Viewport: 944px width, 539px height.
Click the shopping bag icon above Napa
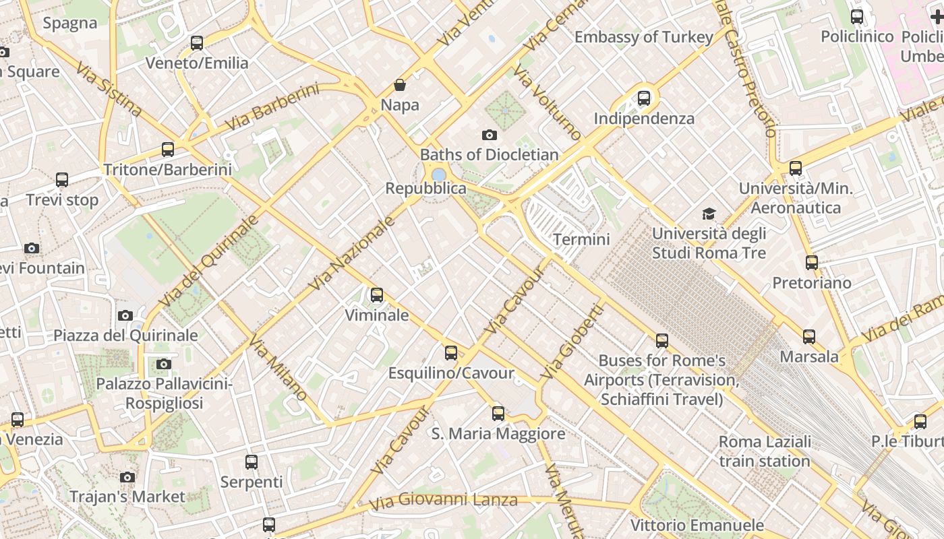[400, 85]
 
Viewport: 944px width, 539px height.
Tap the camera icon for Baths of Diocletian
[490, 135]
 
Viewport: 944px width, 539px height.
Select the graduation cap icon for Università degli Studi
[709, 214]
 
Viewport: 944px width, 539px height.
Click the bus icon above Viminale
[377, 295]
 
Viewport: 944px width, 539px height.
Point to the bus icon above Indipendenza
[644, 98]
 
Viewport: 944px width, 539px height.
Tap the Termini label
[581, 239]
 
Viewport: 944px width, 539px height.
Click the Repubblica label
[425, 189]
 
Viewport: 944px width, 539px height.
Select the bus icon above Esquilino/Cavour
[451, 353]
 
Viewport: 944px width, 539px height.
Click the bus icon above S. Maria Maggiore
[498, 414]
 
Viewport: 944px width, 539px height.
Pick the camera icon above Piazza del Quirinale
[125, 315]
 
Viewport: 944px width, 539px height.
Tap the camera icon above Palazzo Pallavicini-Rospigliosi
[163, 364]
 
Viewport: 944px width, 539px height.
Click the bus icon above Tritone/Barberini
[168, 150]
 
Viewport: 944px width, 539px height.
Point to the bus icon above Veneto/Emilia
[197, 43]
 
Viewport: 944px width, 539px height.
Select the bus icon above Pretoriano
[812, 263]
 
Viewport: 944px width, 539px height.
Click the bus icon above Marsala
[809, 336]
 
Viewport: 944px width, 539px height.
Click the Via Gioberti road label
[571, 342]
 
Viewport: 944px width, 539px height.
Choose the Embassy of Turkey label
[643, 37]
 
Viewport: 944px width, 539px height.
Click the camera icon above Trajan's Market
[127, 477]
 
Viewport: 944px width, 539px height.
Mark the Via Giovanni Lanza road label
[443, 501]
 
